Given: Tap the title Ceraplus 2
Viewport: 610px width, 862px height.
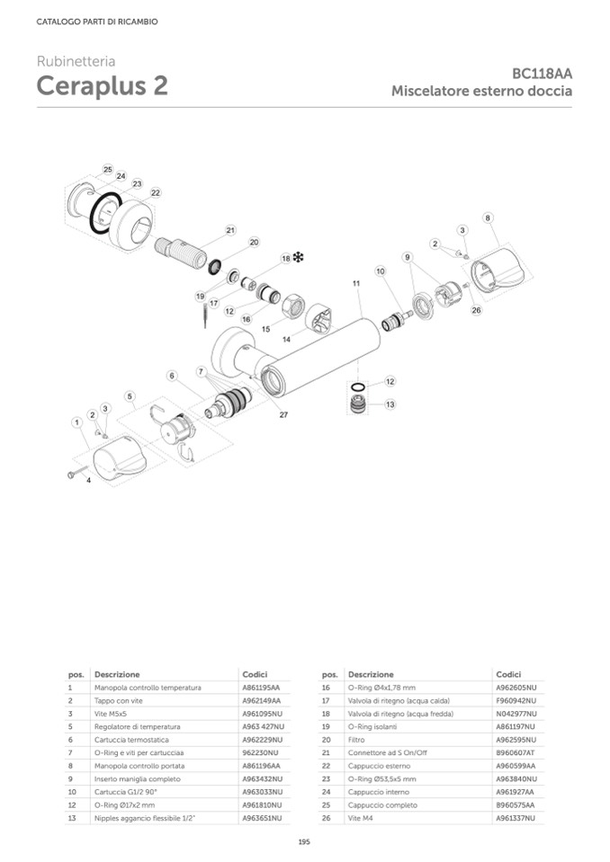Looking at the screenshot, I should pos(102,87).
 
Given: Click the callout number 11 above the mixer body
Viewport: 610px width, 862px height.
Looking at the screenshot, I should pos(356,283).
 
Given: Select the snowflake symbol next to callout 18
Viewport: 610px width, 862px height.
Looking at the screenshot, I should pos(299,258).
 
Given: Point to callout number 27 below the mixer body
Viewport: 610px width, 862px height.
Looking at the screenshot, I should pos(283,414).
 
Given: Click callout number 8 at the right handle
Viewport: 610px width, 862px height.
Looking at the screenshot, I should pos(487,218).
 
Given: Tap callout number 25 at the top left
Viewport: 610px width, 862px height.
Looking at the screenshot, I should pos(107,169).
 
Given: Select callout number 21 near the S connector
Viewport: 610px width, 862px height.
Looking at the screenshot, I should pos(230,230).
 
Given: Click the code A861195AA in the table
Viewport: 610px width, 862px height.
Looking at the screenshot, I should pos(261,688).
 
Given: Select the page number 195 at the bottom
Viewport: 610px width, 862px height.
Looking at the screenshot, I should pos(304,841).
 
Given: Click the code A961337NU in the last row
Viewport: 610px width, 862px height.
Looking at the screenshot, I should pos(516,818).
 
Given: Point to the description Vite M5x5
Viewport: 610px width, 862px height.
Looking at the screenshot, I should pos(112,713).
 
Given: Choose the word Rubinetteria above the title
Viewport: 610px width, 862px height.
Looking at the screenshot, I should pos(76,61).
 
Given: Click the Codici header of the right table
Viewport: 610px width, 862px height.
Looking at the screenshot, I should pos(508,674).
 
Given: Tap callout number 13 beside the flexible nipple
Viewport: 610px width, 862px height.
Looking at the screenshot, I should pos(390,404).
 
